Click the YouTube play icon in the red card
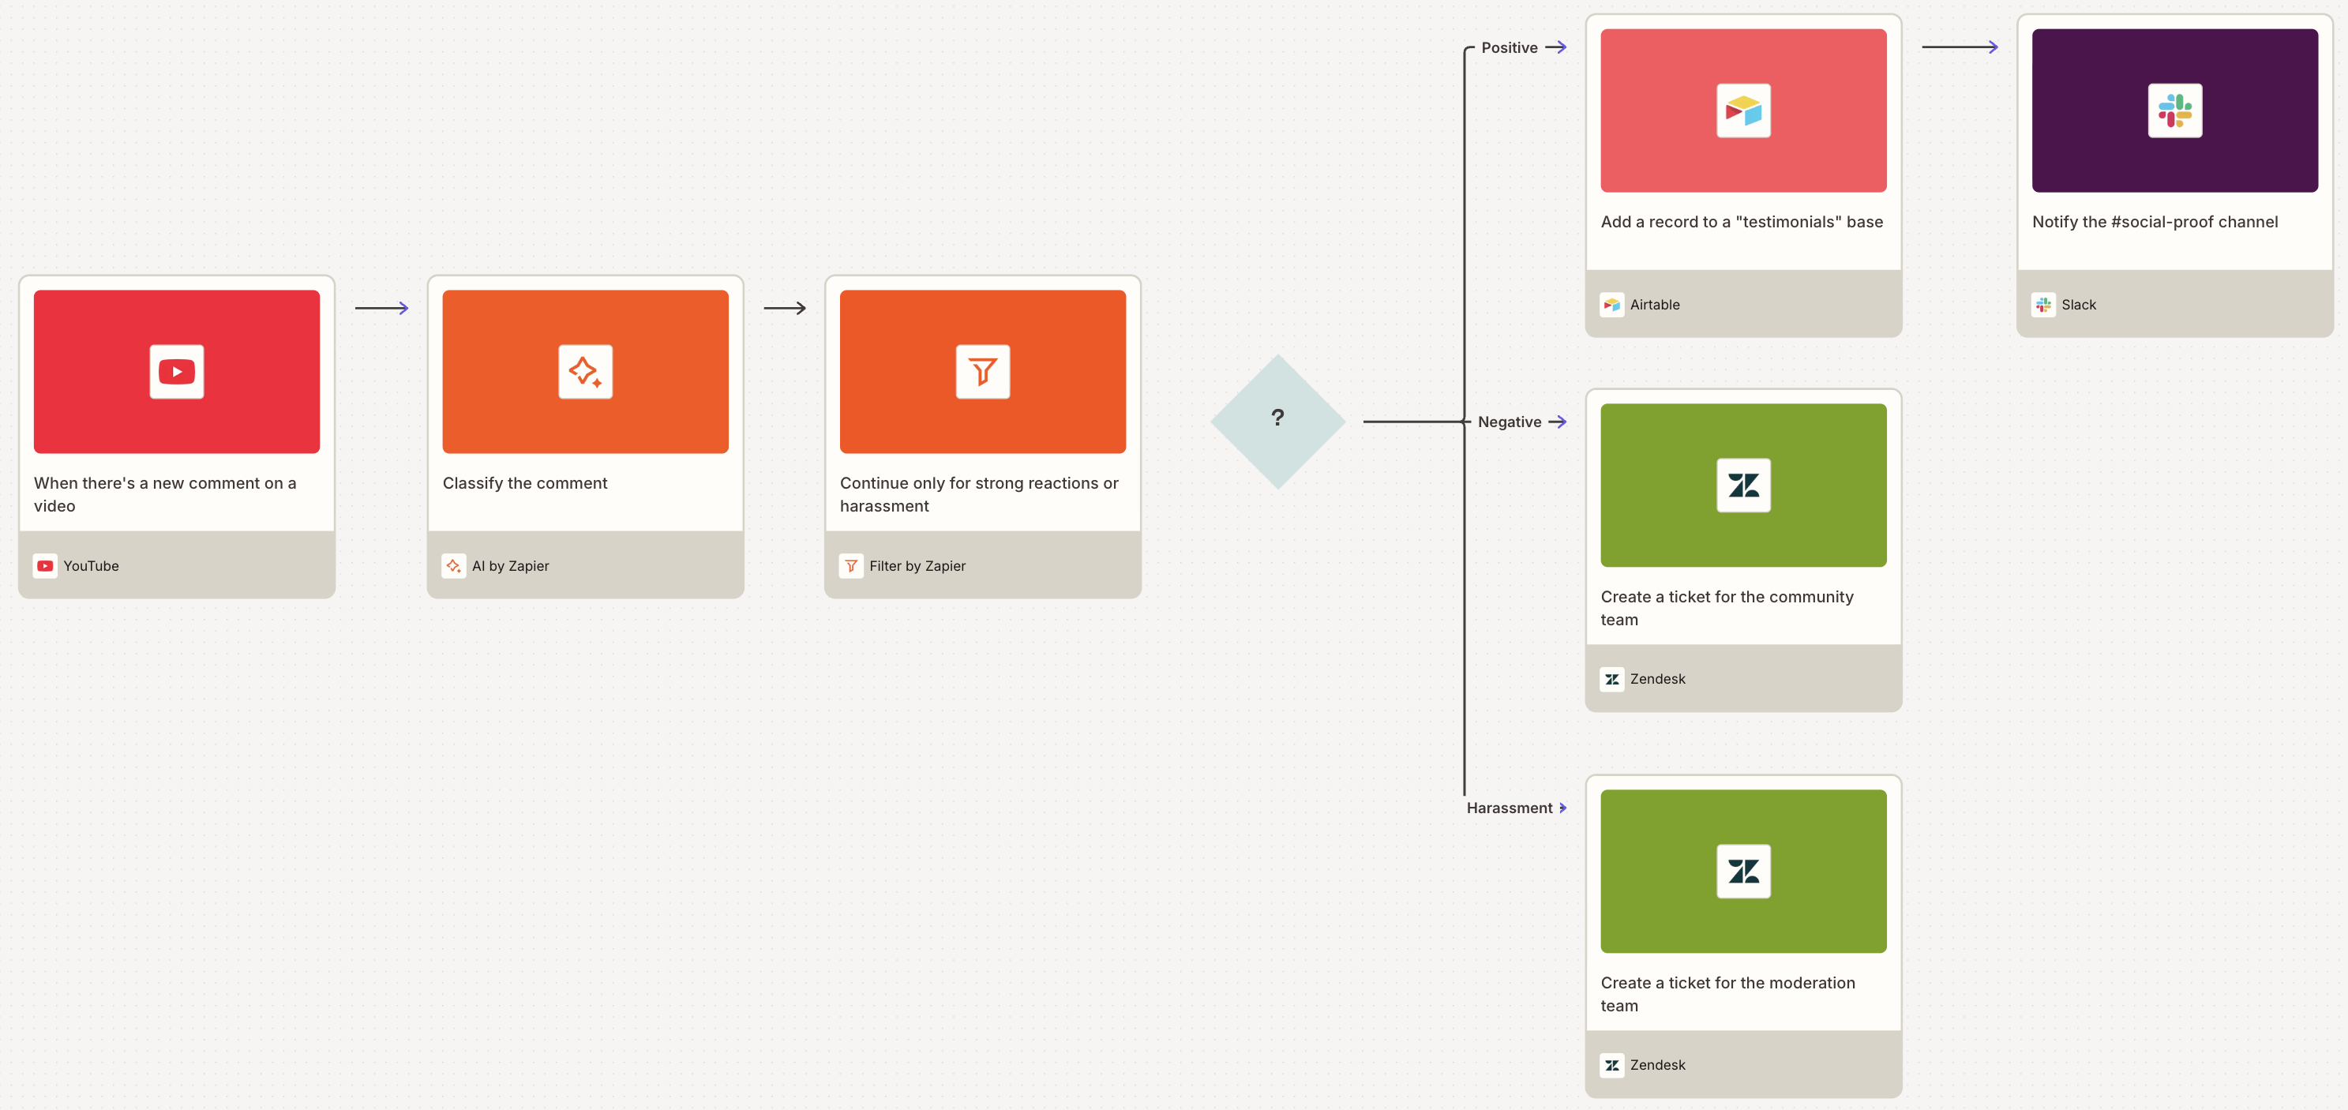pyautogui.click(x=177, y=372)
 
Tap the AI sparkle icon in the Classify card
pyautogui.click(x=585, y=372)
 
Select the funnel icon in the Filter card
pyautogui.click(x=983, y=372)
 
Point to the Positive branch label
pyautogui.click(x=1509, y=47)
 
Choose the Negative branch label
pyautogui.click(x=1510, y=422)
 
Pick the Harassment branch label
pyautogui.click(x=1509, y=808)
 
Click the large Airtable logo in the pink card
pyautogui.click(x=1742, y=111)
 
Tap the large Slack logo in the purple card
pyautogui.click(x=2175, y=111)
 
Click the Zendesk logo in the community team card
pyautogui.click(x=1742, y=486)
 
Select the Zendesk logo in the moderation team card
pyautogui.click(x=1742, y=872)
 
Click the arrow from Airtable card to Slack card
pyautogui.click(x=1960, y=47)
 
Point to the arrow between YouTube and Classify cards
pyautogui.click(x=381, y=308)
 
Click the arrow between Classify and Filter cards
pyautogui.click(x=784, y=308)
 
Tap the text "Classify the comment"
pyautogui.click(x=525, y=483)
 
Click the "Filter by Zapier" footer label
pyautogui.click(x=917, y=566)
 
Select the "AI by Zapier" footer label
pyautogui.click(x=511, y=566)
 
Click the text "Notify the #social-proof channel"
pyautogui.click(x=2155, y=222)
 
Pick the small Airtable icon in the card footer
pyautogui.click(x=1611, y=305)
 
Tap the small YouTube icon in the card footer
pyautogui.click(x=45, y=566)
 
